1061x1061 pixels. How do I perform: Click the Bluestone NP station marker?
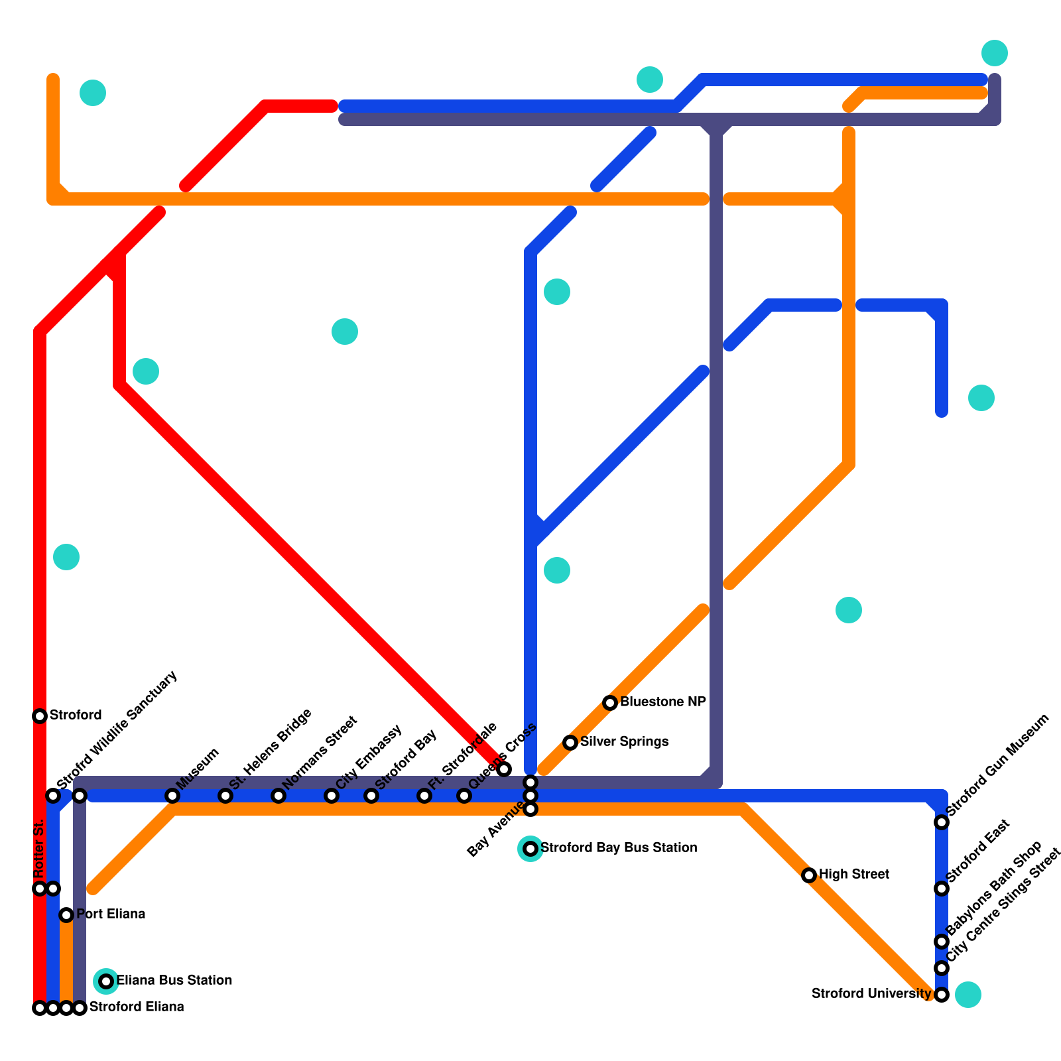click(x=610, y=703)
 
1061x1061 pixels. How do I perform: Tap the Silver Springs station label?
click(x=624, y=742)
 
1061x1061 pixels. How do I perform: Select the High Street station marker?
click(x=809, y=875)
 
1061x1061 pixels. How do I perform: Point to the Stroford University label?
click(x=871, y=994)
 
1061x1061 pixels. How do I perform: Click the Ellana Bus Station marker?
click(x=106, y=981)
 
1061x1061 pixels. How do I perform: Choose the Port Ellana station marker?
click(x=66, y=915)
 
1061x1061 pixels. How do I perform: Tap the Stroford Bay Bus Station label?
click(x=619, y=848)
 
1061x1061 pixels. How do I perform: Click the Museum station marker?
click(x=172, y=796)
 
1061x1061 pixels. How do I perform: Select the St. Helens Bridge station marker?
click(x=225, y=796)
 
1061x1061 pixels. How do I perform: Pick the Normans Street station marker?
click(x=279, y=796)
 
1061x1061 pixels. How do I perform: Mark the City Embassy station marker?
click(x=332, y=796)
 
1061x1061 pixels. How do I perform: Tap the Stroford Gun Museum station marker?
click(x=942, y=822)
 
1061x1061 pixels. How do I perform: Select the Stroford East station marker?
click(x=942, y=889)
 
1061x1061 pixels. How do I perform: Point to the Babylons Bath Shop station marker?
click(x=942, y=942)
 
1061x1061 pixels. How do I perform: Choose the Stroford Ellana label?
click(x=137, y=1007)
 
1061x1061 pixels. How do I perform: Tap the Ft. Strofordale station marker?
click(x=424, y=796)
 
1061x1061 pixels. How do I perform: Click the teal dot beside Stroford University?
click(x=968, y=995)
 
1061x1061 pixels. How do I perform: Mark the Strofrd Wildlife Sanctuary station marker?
click(x=53, y=796)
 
